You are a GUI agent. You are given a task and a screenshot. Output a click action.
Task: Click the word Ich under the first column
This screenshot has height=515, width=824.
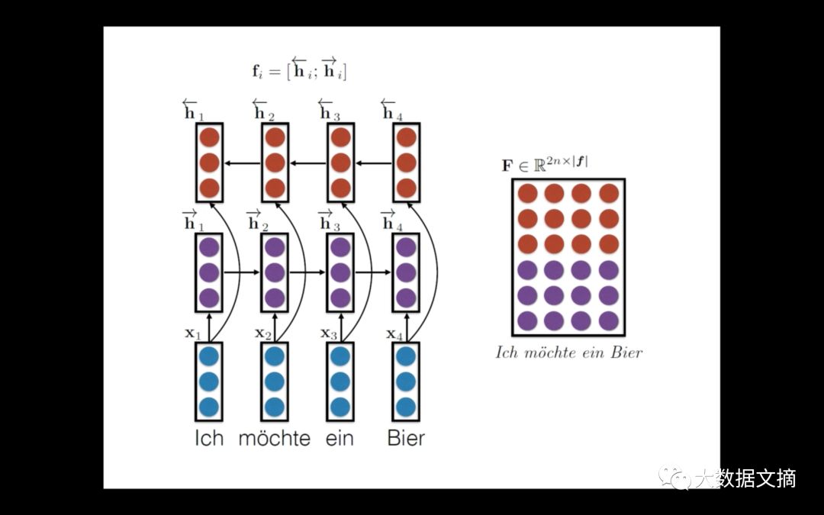click(209, 439)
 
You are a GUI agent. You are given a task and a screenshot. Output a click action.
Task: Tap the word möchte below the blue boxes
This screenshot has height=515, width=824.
click(275, 439)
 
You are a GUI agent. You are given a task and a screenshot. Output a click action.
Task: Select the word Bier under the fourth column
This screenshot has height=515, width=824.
click(406, 439)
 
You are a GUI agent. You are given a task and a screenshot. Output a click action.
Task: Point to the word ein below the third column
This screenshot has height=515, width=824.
click(340, 439)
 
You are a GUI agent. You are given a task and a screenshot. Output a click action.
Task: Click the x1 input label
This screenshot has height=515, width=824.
click(193, 333)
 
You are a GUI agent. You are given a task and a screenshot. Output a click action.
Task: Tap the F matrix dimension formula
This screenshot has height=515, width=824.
click(545, 162)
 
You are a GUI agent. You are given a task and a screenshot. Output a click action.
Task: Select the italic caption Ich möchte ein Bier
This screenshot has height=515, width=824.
click(569, 352)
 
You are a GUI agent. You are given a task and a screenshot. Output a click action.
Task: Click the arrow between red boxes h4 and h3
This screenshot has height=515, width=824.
click(375, 163)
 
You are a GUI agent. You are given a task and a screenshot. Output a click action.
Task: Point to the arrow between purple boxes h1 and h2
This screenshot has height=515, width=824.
click(243, 271)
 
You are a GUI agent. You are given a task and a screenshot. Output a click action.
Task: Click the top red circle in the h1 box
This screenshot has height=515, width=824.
click(209, 137)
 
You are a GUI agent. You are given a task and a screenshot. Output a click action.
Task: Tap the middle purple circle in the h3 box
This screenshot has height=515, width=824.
click(340, 272)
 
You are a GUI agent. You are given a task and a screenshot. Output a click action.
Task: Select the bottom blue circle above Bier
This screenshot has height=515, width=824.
click(406, 406)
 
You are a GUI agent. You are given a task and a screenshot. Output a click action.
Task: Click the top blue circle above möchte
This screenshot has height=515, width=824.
click(275, 356)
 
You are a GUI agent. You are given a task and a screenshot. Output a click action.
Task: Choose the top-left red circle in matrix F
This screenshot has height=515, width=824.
click(528, 194)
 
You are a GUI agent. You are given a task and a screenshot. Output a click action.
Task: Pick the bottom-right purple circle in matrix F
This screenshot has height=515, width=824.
click(608, 320)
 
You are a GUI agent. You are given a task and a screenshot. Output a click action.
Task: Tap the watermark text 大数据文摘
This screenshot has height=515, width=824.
click(744, 478)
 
